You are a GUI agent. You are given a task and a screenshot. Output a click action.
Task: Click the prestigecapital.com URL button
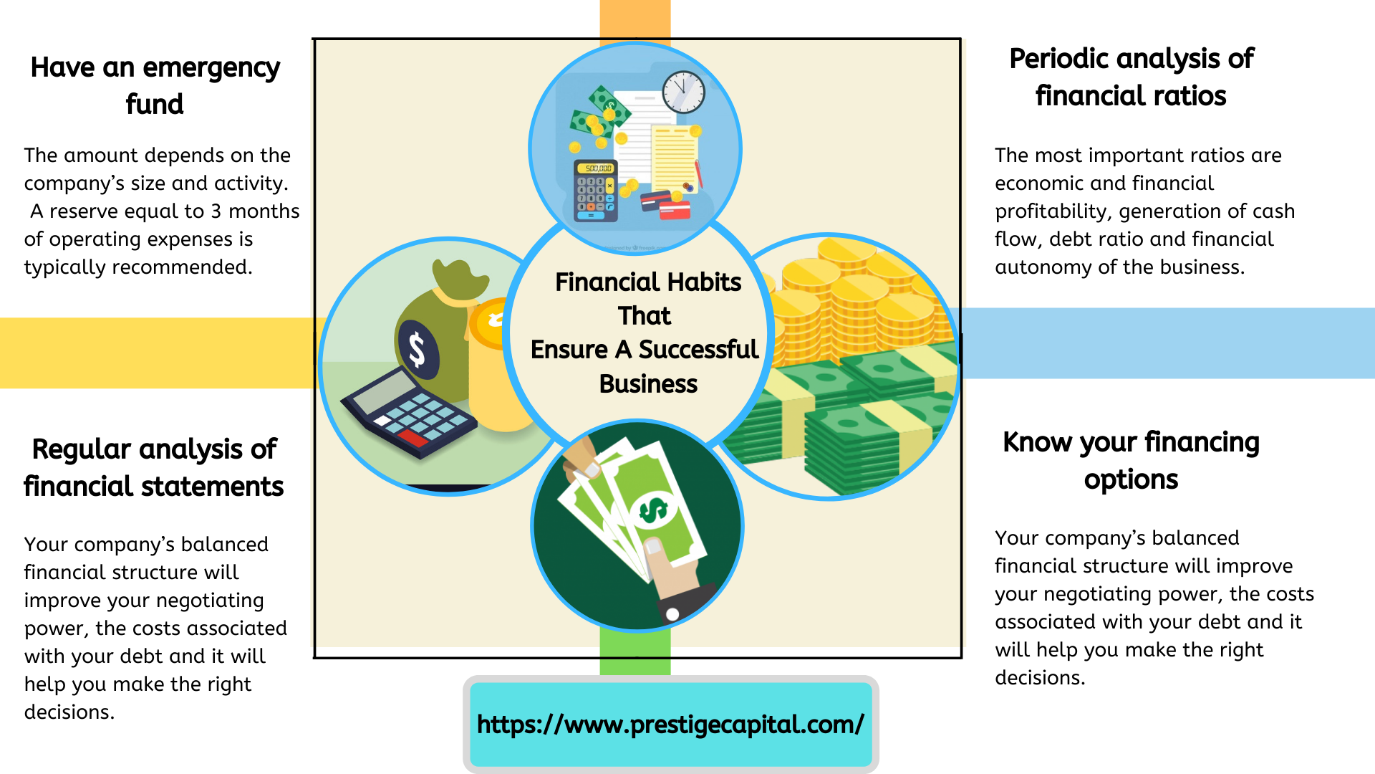coord(671,725)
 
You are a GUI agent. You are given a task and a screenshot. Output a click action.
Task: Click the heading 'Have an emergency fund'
coord(155,85)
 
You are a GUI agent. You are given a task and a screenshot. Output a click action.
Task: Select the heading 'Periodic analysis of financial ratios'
coord(1132,77)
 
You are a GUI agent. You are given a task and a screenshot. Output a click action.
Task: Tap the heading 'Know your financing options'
coord(1131,460)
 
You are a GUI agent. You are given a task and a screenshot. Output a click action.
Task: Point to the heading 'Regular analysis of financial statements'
coord(154,467)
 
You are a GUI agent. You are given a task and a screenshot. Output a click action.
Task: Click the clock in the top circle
coord(683,92)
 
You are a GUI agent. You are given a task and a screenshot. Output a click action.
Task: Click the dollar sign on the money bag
coord(417,350)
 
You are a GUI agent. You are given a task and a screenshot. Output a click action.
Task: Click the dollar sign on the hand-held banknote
coord(653,510)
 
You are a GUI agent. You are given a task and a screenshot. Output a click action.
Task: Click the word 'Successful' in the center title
coord(698,350)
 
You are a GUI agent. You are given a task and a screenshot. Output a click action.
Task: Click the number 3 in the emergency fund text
coord(216,211)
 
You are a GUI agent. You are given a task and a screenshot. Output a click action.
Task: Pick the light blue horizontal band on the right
coord(1168,343)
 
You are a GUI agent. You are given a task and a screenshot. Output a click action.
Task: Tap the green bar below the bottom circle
coord(635,652)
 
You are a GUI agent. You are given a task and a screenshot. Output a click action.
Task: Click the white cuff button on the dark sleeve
coord(672,614)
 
